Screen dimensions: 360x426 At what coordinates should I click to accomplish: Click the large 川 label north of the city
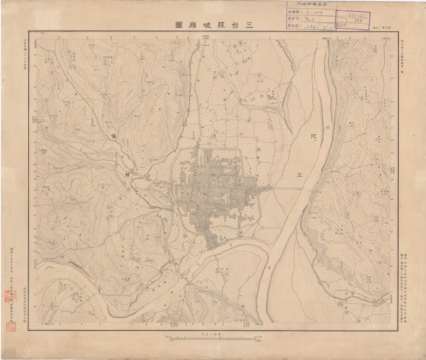[x=212, y=137]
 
